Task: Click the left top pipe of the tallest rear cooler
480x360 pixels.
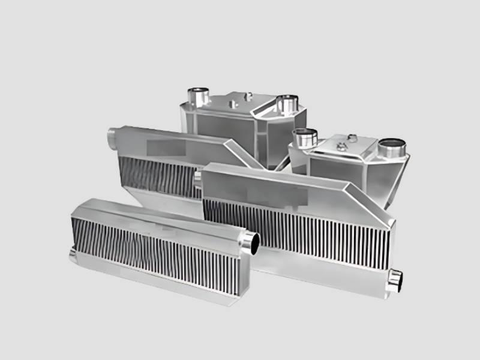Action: pyautogui.click(x=197, y=95)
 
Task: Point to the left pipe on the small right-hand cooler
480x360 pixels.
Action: pyautogui.click(x=304, y=138)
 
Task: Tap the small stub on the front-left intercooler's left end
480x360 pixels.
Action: pyautogui.click(x=73, y=256)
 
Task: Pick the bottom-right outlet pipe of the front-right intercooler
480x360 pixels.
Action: pyautogui.click(x=394, y=281)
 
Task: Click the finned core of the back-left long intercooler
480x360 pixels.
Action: pyautogui.click(x=159, y=174)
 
